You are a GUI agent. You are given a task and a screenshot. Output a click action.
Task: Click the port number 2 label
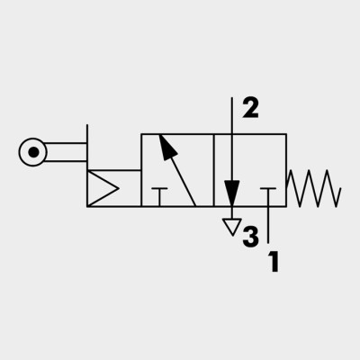(250, 108)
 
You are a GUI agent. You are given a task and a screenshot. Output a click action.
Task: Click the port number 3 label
(250, 237)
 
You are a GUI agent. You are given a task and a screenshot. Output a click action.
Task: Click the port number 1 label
(274, 262)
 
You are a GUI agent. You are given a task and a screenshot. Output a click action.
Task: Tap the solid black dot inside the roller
(33, 152)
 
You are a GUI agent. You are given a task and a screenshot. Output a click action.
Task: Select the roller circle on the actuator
(20, 152)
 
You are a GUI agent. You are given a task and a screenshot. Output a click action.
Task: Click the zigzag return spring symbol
(314, 188)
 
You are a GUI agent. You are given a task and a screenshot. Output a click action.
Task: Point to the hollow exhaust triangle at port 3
(232, 227)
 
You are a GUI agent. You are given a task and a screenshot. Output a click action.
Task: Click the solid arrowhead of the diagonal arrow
(167, 147)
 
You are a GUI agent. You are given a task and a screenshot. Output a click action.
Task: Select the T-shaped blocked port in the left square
(159, 197)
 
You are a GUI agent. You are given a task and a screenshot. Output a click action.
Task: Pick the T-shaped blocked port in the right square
(268, 197)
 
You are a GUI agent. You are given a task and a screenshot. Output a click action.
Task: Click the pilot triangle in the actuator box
(102, 188)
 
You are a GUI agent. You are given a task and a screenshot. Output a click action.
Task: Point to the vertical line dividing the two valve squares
(213, 170)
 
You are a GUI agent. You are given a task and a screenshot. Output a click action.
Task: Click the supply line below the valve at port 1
(268, 225)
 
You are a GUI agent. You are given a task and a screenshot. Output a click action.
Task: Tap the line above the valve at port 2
(232, 115)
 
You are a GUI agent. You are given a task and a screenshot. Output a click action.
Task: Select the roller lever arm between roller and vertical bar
(66, 152)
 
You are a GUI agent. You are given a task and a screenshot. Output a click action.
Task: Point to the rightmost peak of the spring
(326, 170)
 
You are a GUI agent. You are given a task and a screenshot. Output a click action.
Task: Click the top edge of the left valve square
(177, 134)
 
